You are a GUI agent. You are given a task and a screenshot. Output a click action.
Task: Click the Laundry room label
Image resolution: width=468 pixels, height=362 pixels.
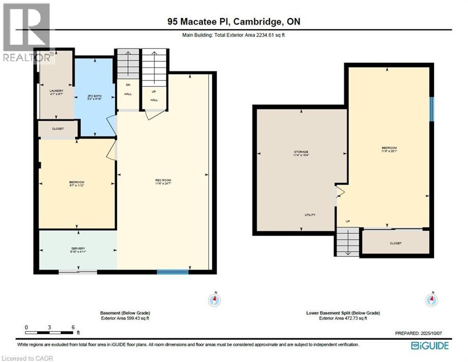(56, 92)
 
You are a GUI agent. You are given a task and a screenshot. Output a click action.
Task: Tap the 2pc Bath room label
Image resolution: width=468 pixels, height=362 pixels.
(94, 97)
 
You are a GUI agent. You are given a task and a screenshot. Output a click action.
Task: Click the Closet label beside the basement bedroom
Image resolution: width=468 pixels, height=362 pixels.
(58, 129)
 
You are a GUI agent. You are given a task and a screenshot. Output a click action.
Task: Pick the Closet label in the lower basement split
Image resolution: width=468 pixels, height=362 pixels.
(395, 243)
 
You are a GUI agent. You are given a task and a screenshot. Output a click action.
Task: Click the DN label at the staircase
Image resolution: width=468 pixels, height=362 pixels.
(127, 85)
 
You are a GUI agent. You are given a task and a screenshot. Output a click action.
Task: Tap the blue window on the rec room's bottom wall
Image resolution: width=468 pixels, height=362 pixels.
(169, 271)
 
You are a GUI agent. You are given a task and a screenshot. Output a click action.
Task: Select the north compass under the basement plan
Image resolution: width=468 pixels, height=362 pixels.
(215, 299)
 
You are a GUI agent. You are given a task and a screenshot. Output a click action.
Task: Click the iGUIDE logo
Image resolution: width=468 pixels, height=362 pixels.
(429, 346)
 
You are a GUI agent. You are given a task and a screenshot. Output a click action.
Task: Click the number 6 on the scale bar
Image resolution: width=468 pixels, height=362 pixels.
(73, 327)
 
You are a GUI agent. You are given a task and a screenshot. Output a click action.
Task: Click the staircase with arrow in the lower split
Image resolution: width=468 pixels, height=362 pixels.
(347, 241)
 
